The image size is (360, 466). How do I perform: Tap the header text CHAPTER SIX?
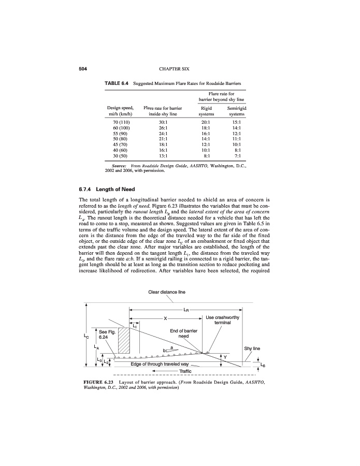(x=180, y=68)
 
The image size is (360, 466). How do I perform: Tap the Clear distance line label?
(x=166, y=292)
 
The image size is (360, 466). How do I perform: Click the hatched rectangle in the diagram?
(x=124, y=340)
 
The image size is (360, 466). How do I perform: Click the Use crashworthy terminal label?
(x=222, y=320)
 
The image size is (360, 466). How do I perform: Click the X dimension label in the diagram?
(x=166, y=318)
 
